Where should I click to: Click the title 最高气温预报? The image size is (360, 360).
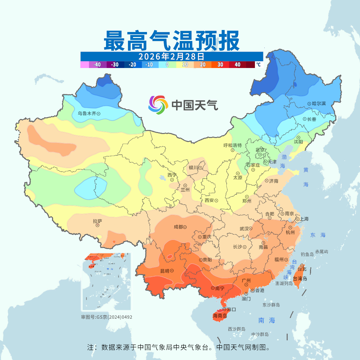coord(172,40)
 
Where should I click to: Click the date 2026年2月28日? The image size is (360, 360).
coord(171,56)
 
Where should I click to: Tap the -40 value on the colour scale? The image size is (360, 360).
coord(97,65)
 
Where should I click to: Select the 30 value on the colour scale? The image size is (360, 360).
coord(220,65)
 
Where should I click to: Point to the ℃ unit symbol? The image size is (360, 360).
coord(258,65)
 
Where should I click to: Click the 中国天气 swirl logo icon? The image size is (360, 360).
coord(157,105)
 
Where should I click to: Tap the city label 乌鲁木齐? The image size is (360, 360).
coord(87,113)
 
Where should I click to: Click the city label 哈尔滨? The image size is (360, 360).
coord(319,104)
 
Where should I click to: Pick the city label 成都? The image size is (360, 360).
coord(178,227)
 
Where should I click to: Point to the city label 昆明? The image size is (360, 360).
coord(165,271)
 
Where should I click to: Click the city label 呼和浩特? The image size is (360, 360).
coord(232,145)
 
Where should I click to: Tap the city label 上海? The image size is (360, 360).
coord(304,219)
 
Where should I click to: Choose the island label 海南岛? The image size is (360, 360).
coord(220,315)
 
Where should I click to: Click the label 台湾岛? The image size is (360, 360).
coord(300,279)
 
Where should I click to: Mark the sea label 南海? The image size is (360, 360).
coord(267,320)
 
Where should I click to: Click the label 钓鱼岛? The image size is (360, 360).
coord(307,254)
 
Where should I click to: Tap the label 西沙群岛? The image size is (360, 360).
coord(237,329)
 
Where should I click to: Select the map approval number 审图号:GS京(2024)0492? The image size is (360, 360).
coord(107,317)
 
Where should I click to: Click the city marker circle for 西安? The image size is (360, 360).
coord(216,201)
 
